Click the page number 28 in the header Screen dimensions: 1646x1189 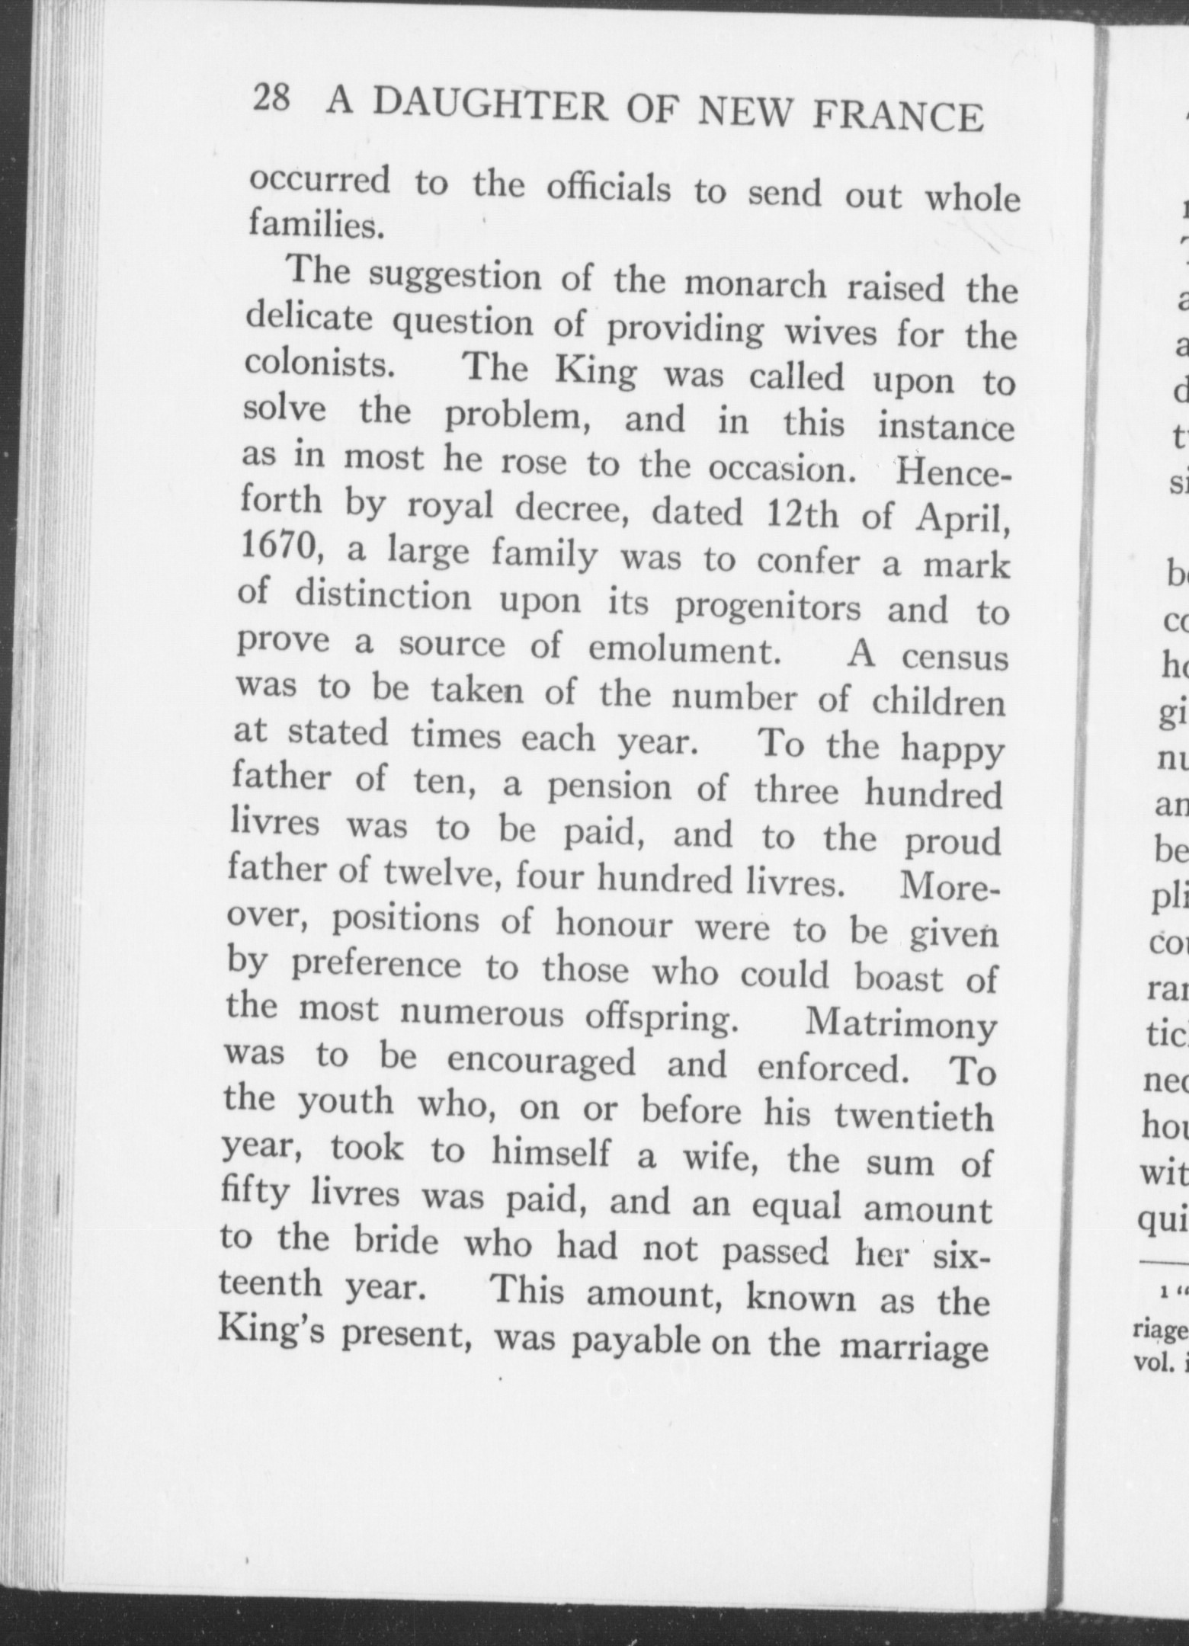271,99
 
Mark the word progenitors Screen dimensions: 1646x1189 768,607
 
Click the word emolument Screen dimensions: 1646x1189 683,648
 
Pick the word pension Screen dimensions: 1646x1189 610,787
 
